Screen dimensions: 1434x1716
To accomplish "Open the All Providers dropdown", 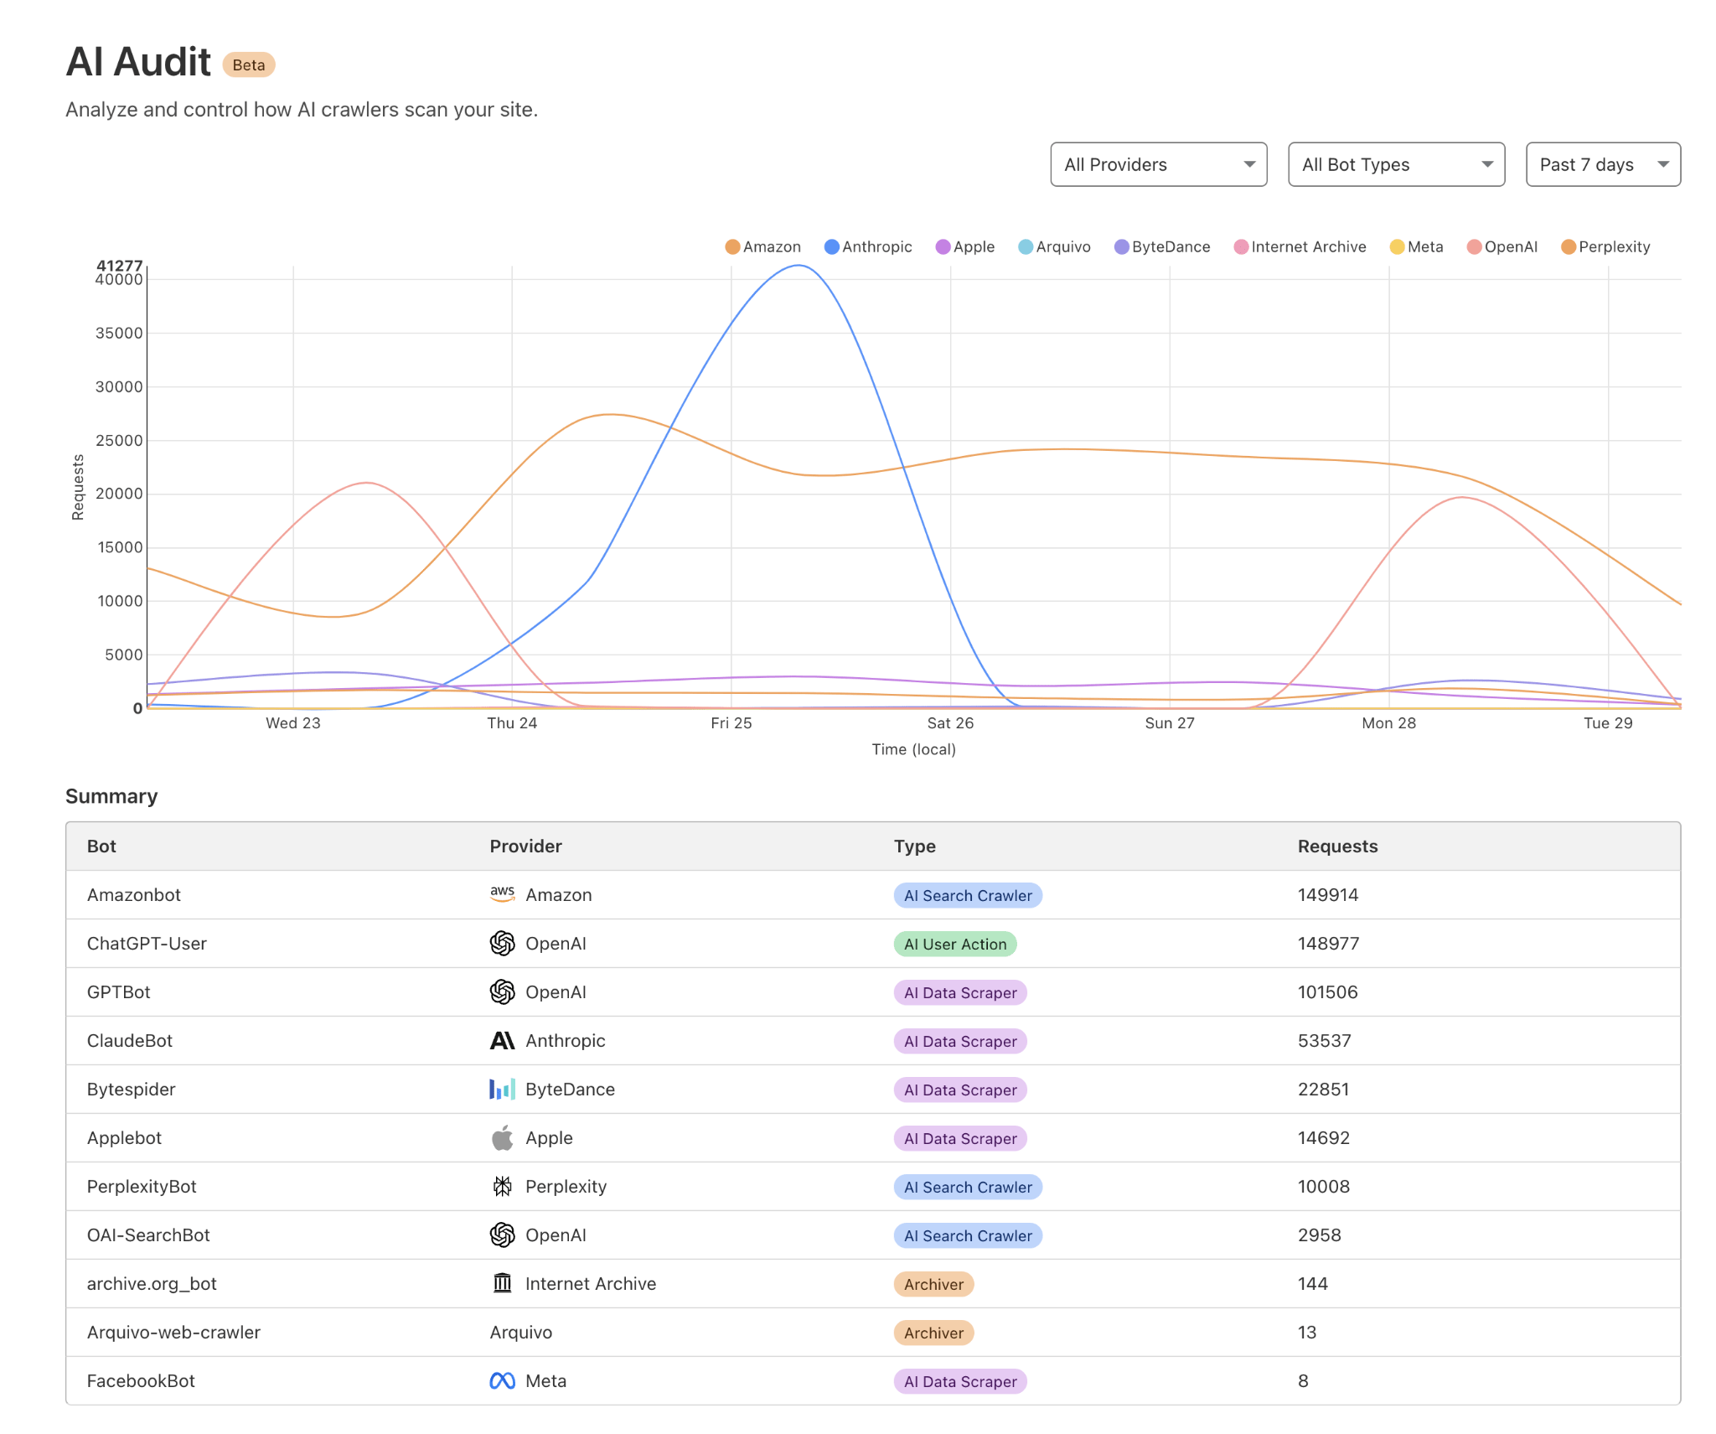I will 1158,164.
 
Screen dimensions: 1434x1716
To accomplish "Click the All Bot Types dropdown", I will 1395,164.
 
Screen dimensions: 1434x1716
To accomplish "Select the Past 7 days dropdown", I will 1602,164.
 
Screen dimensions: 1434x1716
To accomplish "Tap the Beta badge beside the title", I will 248,65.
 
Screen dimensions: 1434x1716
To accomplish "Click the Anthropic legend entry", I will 868,246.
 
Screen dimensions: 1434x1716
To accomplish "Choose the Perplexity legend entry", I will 1605,246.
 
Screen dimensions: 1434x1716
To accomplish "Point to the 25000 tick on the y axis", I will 119,440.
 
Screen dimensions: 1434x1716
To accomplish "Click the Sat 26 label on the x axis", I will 950,722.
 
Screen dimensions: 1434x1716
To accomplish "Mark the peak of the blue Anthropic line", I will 799,266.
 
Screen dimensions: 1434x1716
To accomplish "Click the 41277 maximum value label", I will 119,266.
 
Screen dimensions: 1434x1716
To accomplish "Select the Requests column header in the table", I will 1337,846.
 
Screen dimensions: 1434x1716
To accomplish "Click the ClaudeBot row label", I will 130,1040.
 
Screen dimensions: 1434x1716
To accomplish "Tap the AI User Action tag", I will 955,944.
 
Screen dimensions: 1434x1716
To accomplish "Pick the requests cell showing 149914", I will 1328,894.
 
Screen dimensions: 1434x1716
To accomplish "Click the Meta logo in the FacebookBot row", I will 502,1380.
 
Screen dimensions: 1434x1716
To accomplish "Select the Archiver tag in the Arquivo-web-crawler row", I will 933,1333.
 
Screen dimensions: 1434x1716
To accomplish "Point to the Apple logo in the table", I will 502,1138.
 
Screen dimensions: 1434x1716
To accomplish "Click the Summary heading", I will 111,795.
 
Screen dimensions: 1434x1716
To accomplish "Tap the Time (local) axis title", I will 913,749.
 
